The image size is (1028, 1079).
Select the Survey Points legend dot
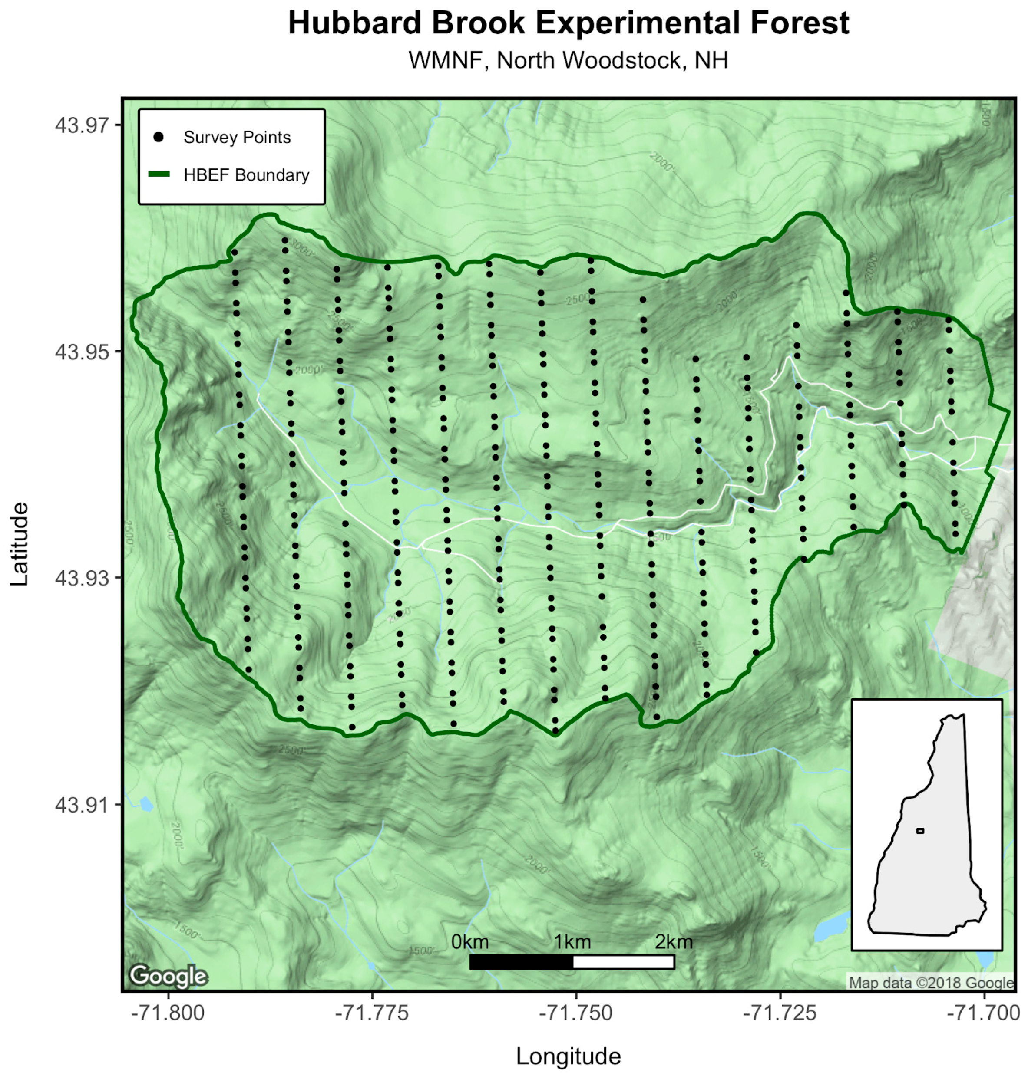click(159, 137)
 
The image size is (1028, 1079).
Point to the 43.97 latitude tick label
click(82, 125)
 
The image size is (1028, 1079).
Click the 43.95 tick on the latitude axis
click(82, 352)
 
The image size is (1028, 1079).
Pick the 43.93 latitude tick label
click(82, 579)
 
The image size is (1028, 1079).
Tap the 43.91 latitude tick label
click(82, 805)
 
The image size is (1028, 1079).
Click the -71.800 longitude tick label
click(168, 1013)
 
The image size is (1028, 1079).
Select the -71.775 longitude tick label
click(372, 1013)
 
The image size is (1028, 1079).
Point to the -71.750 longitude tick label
click(576, 1013)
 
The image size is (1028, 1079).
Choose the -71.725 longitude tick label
click(780, 1013)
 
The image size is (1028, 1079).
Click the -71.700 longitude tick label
click(984, 1013)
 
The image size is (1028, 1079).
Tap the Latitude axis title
click(20, 544)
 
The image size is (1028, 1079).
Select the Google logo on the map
click(168, 976)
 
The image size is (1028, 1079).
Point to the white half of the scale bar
click(623, 962)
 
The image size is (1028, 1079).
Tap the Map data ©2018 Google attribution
click(930, 983)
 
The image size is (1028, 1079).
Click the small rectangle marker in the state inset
click(920, 831)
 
